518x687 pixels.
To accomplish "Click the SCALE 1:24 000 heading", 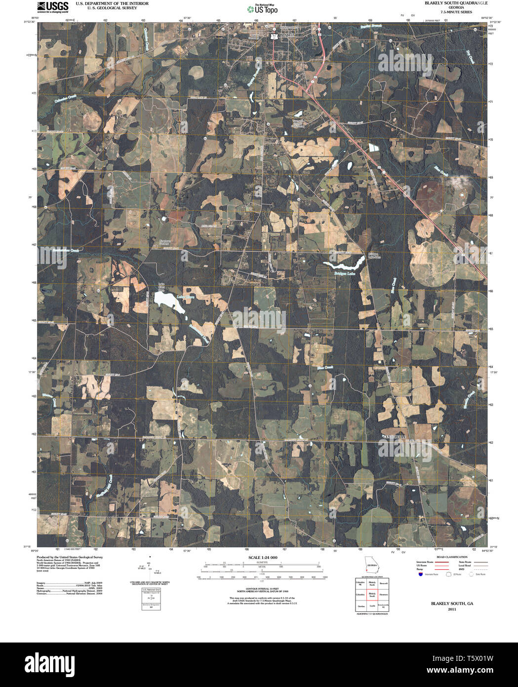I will point(260,558).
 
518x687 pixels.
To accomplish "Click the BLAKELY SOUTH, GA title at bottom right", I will point(452,603).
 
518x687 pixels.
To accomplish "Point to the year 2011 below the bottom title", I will point(452,609).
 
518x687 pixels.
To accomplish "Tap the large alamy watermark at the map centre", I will point(259,318).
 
